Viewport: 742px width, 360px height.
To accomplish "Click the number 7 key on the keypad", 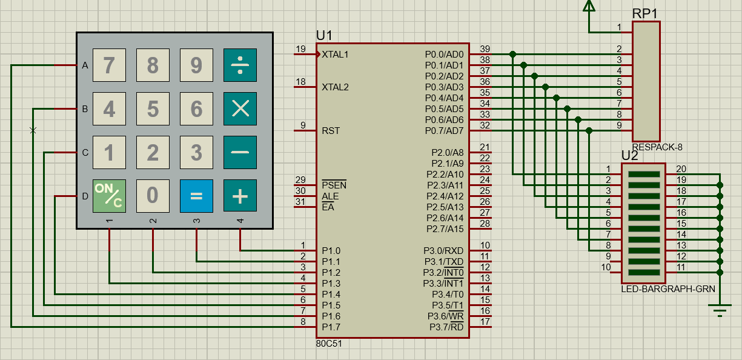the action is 109,65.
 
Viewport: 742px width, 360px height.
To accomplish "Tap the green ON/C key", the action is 109,196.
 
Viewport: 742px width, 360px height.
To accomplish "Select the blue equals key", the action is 196,196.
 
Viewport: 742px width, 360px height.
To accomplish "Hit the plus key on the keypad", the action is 240,196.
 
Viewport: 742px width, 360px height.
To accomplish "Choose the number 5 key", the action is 153,108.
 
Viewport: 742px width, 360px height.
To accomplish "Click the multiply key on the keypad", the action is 240,108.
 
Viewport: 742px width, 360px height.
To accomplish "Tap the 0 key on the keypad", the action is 153,196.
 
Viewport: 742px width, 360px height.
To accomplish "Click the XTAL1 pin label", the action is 335,55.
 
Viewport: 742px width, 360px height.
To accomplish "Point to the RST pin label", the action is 331,131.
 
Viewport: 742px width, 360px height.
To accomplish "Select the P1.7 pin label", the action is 331,327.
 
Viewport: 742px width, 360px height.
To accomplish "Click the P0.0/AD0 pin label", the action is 444,55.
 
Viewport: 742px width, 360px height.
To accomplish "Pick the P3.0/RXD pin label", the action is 443,251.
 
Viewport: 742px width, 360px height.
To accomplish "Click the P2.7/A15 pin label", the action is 445,228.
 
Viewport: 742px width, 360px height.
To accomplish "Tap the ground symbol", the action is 720,310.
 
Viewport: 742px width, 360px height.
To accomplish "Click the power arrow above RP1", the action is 589,6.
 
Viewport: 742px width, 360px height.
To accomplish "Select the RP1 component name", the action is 644,13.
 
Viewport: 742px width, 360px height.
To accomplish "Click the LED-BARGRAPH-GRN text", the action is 668,289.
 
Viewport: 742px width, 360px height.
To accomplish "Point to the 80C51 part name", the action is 328,344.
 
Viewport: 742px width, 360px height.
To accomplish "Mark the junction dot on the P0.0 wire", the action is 513,54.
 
